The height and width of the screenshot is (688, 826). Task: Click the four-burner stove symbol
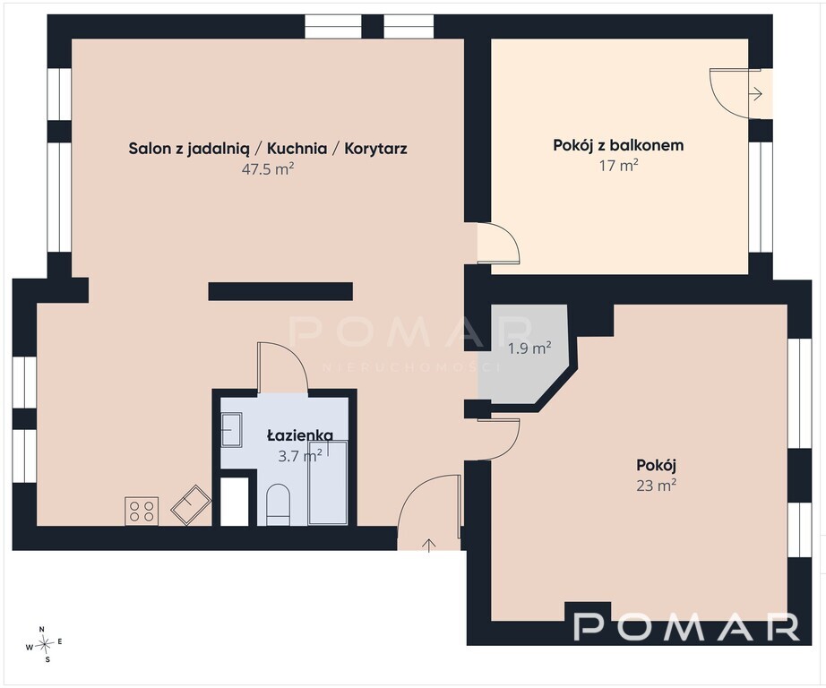tap(142, 511)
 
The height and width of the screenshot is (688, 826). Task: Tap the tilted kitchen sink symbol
tap(191, 504)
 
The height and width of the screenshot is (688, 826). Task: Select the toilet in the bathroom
tap(278, 504)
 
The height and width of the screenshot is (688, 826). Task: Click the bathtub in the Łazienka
tap(328, 483)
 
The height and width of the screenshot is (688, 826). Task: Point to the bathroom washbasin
tap(231, 430)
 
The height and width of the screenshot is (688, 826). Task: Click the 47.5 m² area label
tap(267, 169)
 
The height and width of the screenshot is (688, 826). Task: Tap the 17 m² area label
tap(618, 166)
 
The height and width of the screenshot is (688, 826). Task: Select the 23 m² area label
tap(657, 486)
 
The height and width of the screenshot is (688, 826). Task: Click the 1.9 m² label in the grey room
tap(529, 348)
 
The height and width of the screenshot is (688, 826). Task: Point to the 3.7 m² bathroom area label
tap(300, 456)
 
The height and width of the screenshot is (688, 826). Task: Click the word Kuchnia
tap(297, 149)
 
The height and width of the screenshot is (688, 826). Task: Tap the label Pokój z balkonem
tap(618, 145)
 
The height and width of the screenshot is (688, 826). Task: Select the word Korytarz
tap(375, 149)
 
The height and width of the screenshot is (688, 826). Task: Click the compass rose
tap(46, 642)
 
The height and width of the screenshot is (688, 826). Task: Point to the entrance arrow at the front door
tap(429, 546)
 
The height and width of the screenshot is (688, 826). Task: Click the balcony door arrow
tap(756, 94)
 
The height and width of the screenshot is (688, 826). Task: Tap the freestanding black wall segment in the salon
tap(280, 291)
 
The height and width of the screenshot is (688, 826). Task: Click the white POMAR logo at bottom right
tap(687, 626)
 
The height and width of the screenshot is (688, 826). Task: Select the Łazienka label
tap(300, 435)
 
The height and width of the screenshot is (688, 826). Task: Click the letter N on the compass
tap(42, 629)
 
